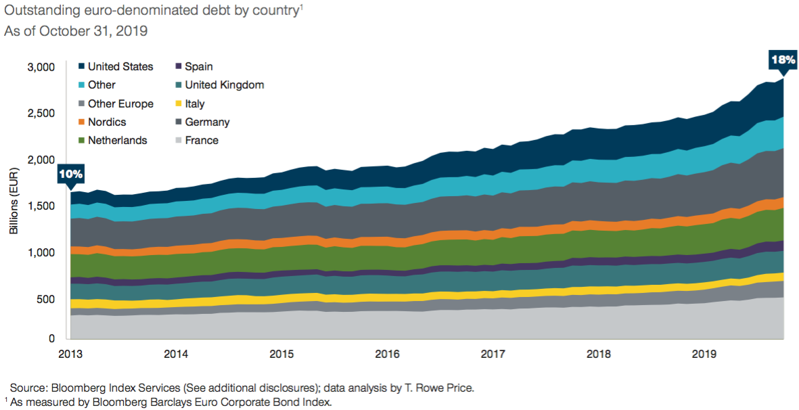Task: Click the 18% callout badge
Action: coord(783,60)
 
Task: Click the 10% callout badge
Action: coord(70,175)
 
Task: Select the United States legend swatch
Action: coord(81,66)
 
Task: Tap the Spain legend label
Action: coord(199,66)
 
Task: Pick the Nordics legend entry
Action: coord(106,122)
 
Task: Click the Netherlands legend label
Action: coord(118,140)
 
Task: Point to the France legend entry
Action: coord(201,140)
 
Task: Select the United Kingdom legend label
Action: coord(224,85)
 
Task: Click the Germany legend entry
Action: coord(207,122)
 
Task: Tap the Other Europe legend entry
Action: coord(120,104)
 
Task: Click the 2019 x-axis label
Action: coord(704,354)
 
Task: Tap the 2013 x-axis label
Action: coord(70,354)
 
